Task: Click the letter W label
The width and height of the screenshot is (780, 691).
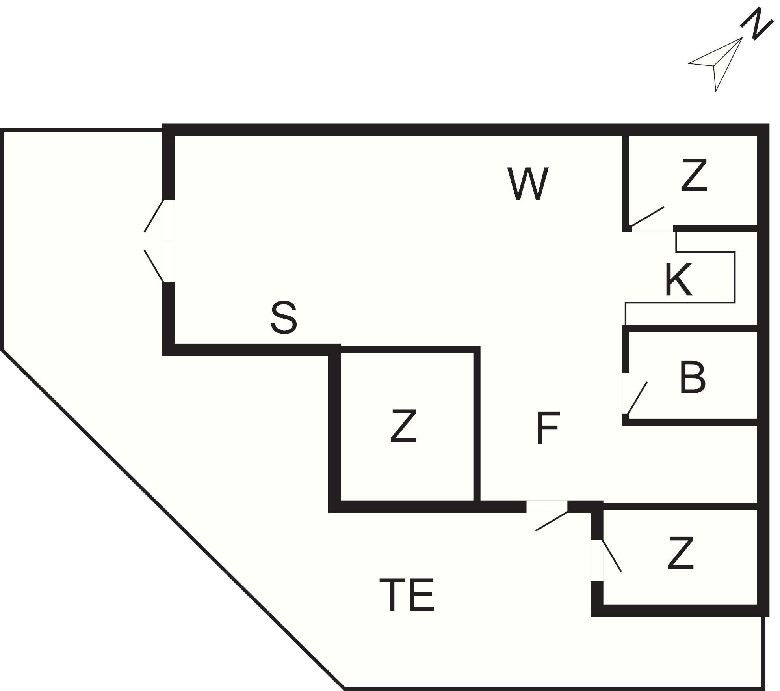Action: point(527,184)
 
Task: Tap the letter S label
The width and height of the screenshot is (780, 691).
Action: point(284,317)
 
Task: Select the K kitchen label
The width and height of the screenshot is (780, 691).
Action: point(678,280)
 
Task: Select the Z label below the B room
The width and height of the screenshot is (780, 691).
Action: point(680,553)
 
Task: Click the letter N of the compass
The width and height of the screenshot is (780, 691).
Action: point(756,24)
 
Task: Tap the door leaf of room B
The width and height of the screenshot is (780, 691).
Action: point(637,398)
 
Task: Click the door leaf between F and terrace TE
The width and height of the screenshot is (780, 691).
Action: point(552,521)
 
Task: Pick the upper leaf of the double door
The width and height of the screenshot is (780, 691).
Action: point(154,216)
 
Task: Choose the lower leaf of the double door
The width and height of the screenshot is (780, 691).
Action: point(154,266)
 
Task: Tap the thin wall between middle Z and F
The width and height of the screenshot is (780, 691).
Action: point(477,424)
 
